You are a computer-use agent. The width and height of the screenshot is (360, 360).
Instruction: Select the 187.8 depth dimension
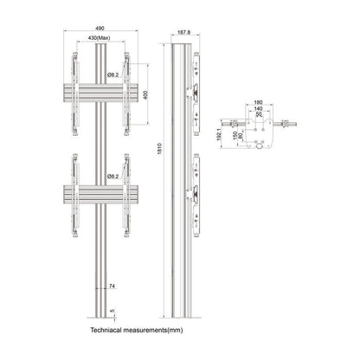(183, 35)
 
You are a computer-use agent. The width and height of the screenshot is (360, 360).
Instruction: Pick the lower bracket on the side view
(199, 193)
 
